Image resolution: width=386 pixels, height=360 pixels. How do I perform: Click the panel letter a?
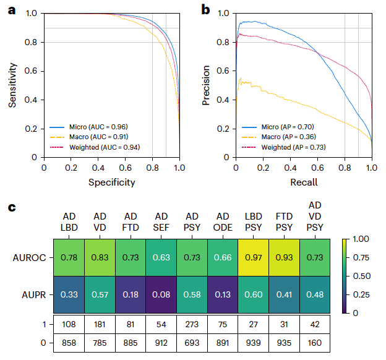[x=11, y=9]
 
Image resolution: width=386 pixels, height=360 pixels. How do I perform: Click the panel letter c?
[x=11, y=207]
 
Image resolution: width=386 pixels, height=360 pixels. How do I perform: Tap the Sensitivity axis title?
[x=12, y=85]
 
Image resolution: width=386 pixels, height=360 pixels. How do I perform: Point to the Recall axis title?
[x=303, y=182]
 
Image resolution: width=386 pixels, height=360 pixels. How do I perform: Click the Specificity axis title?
[x=111, y=182]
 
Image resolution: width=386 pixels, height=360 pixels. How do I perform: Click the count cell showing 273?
[x=192, y=324]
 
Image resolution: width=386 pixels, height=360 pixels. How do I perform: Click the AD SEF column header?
[x=161, y=222]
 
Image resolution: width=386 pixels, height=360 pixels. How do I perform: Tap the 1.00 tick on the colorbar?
[x=360, y=239]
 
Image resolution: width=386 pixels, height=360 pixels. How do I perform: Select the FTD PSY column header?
[x=284, y=222]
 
